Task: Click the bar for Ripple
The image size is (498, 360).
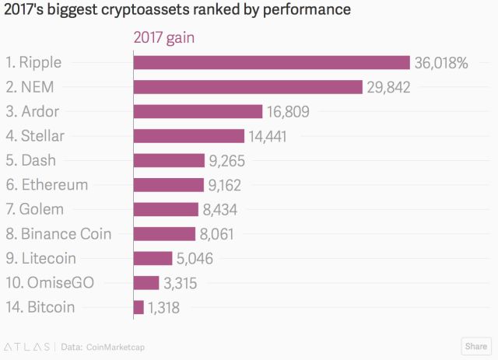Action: point(272,63)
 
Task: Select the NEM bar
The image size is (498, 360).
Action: point(248,87)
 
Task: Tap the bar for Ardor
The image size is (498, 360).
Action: point(198,112)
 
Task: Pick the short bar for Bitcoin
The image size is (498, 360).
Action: point(139,307)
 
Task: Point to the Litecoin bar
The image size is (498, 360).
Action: point(153,258)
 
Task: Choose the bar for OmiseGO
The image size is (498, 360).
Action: point(146,283)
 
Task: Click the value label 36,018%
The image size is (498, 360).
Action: point(440,63)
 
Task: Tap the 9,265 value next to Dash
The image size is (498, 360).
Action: point(227,161)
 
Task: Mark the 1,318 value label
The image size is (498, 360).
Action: point(163,307)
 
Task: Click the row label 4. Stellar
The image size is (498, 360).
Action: point(34,136)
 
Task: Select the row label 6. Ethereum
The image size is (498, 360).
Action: point(47,185)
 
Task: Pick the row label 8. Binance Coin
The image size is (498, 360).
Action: point(58,234)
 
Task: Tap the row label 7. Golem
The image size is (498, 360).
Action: point(34,209)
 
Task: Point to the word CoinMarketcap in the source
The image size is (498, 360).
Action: point(116,346)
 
